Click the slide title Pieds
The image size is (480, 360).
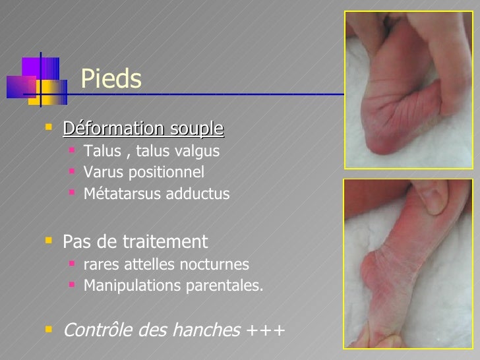click(111, 80)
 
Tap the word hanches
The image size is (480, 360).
click(208, 329)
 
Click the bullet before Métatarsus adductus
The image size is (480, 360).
click(71, 195)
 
